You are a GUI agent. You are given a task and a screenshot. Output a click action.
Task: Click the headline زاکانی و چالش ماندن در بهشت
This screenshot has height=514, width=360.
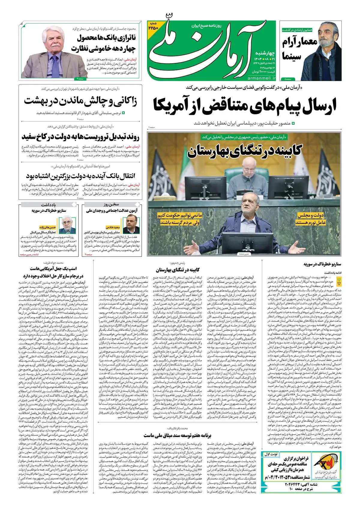[x=80, y=101]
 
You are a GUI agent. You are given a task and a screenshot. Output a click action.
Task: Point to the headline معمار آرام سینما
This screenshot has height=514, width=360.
[x=299, y=49]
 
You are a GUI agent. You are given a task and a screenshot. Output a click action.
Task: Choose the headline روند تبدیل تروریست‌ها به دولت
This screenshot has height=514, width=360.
[x=80, y=137]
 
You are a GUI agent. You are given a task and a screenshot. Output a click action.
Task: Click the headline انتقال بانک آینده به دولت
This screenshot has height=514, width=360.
[x=80, y=175]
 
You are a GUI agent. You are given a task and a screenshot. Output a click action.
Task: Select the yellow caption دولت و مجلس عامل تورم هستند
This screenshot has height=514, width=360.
[x=310, y=219]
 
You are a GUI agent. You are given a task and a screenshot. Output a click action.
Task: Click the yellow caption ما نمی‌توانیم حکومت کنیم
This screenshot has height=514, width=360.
[x=180, y=219]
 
